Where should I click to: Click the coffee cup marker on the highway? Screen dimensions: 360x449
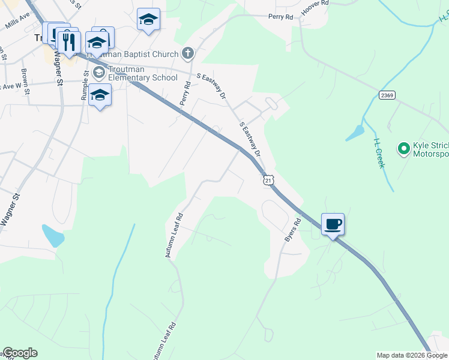point(333,225)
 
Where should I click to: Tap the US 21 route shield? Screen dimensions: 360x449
point(268,180)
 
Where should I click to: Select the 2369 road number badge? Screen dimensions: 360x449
point(387,96)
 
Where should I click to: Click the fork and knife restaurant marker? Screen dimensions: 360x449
point(69,41)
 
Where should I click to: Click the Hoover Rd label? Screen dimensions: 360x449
point(316,4)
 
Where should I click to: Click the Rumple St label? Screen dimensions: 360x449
point(85,85)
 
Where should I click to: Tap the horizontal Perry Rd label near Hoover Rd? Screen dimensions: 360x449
point(280,17)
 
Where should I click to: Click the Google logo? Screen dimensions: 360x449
point(20,353)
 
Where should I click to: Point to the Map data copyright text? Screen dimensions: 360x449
point(412,355)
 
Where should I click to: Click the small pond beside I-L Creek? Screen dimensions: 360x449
point(355,133)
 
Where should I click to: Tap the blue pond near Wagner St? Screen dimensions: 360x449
point(53,236)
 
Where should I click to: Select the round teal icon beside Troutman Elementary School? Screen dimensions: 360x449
point(99,73)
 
